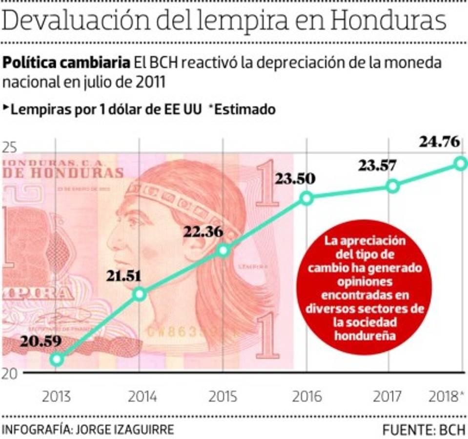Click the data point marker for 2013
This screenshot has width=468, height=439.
click(57, 359)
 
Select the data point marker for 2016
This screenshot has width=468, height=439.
click(306, 198)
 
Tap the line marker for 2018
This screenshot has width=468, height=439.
click(460, 163)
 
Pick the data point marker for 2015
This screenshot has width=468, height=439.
click(223, 250)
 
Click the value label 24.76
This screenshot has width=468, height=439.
click(439, 142)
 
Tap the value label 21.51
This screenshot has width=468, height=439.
click(124, 276)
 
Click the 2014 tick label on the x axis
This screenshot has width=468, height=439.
click(142, 397)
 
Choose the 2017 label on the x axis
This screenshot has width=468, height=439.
click(388, 397)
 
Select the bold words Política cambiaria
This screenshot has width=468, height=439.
click(66, 63)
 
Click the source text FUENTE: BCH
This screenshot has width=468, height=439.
click(424, 430)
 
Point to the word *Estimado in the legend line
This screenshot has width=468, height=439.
click(242, 109)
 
